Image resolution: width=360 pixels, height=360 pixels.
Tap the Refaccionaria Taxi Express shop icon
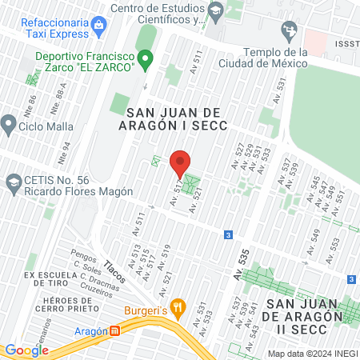coord(98,24)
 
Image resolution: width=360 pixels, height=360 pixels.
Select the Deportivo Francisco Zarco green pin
coord(145,58)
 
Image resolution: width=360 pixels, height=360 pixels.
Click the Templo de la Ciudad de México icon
coord(289,33)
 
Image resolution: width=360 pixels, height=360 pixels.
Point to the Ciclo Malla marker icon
coord(9,124)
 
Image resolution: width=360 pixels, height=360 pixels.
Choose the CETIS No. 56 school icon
coord(13,183)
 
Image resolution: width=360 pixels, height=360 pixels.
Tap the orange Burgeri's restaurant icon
coord(179,306)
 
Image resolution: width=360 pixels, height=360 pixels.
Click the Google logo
coord(26,350)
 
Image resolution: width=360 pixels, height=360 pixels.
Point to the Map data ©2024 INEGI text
coord(311,353)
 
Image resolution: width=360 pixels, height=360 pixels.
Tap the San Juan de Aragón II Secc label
coord(308,310)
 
